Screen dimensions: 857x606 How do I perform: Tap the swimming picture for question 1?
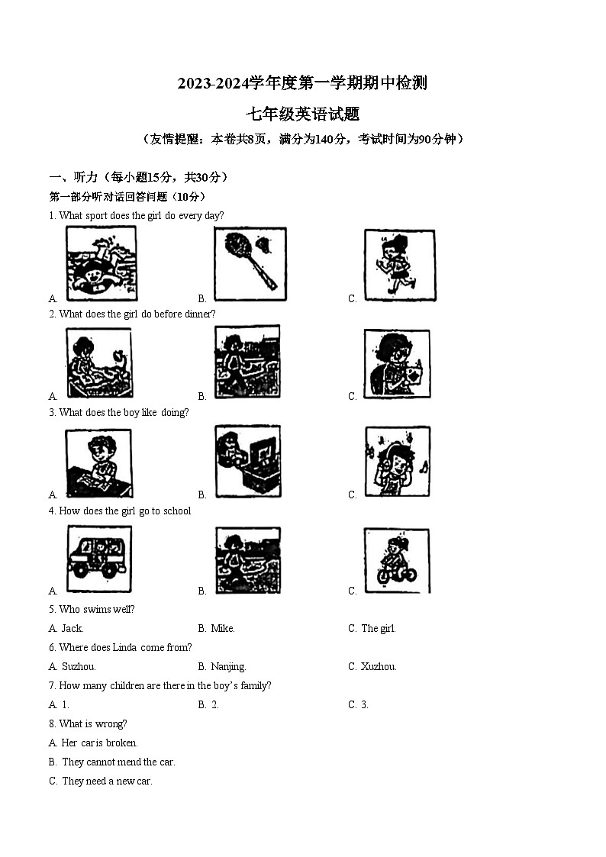point(101,263)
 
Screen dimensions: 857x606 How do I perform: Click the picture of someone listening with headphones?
point(397,462)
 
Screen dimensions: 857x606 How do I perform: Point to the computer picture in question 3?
point(247,462)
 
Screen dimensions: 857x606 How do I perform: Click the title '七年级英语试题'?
point(302,115)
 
